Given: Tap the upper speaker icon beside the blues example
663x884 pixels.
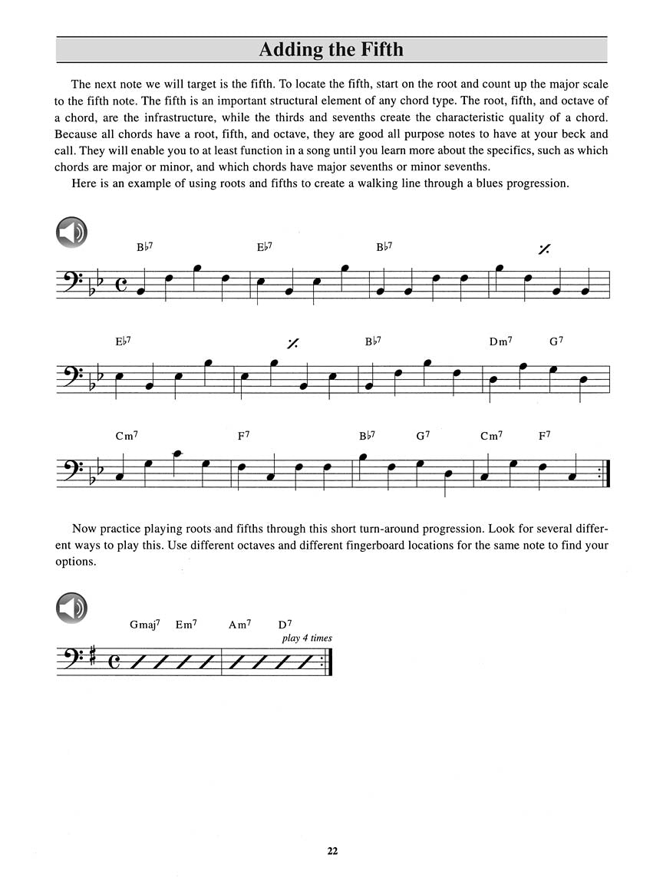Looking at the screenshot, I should [71, 233].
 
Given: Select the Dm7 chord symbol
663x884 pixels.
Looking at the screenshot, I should [500, 341].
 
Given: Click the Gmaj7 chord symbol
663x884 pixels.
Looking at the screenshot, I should [144, 625].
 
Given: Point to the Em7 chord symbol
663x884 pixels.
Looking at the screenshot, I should [186, 625].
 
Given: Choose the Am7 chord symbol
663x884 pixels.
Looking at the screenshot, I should [239, 625].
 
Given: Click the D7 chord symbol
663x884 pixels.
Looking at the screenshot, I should [286, 625].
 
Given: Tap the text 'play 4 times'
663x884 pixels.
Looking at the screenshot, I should [307, 638].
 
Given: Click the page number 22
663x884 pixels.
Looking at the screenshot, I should [331, 850].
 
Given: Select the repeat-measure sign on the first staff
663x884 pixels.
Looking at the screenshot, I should [544, 249].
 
